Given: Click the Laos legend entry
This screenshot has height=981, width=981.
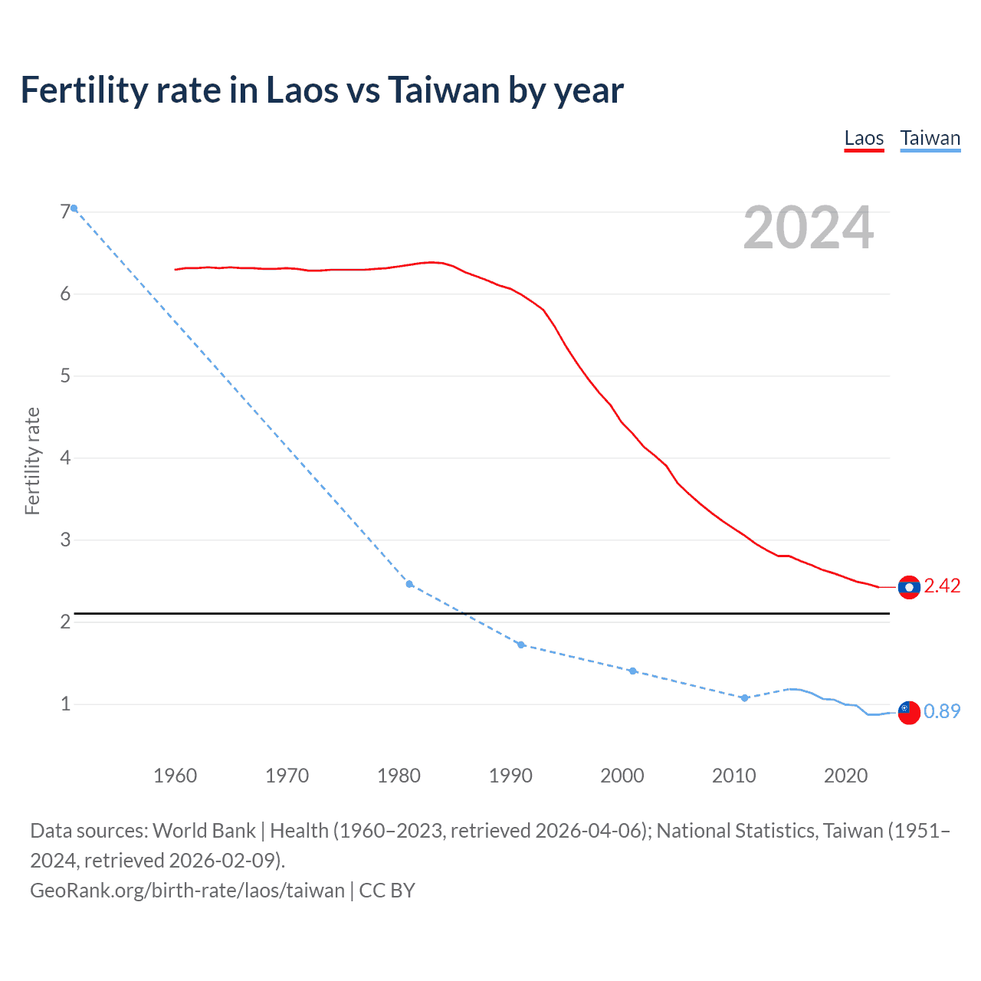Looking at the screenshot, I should pos(864,139).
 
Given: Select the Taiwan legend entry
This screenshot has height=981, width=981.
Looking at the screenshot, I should pos(930,139).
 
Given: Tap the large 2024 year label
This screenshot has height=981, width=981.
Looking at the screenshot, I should pos(809,228).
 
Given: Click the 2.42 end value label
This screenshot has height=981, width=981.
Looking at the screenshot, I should pos(942,586).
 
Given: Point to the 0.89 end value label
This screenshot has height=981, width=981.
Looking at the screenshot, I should pos(942,712).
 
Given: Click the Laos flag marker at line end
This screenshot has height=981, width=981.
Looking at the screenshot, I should pos(909,587).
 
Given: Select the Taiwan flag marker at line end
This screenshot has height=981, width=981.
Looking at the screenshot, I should pos(909,712).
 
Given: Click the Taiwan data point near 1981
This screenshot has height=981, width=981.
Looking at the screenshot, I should pos(409,584).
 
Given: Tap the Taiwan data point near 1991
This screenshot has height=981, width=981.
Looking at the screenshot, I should pos(521,645).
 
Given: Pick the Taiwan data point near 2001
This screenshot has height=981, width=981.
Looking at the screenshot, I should pos(632,671).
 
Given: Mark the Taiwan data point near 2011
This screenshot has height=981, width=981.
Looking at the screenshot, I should pos(744,697).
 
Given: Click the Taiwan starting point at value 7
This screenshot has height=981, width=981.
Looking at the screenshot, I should pos(74,208).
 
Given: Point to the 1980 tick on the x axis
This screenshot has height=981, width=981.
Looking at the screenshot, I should pos(399,776).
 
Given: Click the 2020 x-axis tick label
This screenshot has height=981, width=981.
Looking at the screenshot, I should pos(846,776).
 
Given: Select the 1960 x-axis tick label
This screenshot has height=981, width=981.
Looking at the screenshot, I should pos(176,776).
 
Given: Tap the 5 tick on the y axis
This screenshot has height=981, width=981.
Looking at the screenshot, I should pos(65,376).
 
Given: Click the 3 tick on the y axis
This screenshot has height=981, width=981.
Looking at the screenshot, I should pos(65,540).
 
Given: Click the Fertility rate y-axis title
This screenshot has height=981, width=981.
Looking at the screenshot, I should pos(32,461).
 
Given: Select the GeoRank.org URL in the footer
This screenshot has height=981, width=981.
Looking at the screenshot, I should pos(188,891).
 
